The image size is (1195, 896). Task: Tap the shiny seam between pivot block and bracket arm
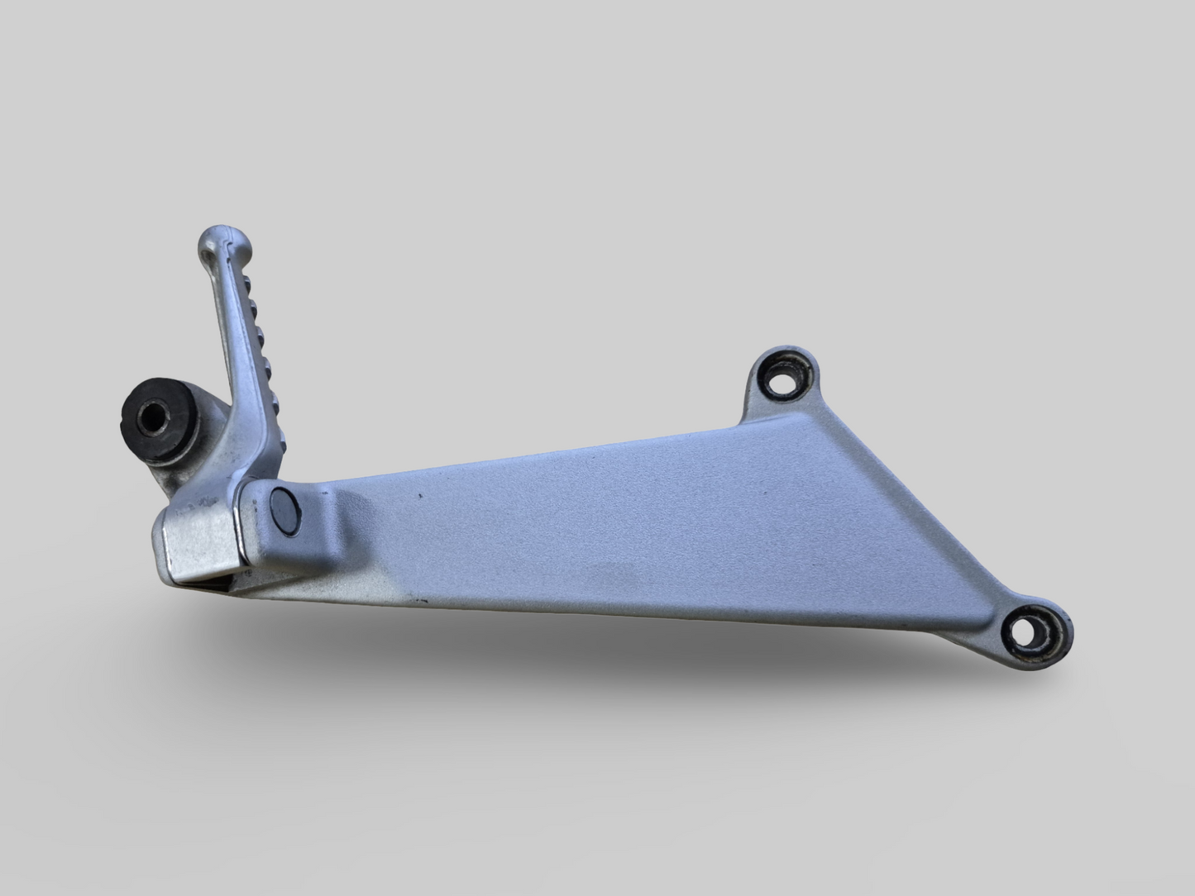(x=246, y=529)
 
